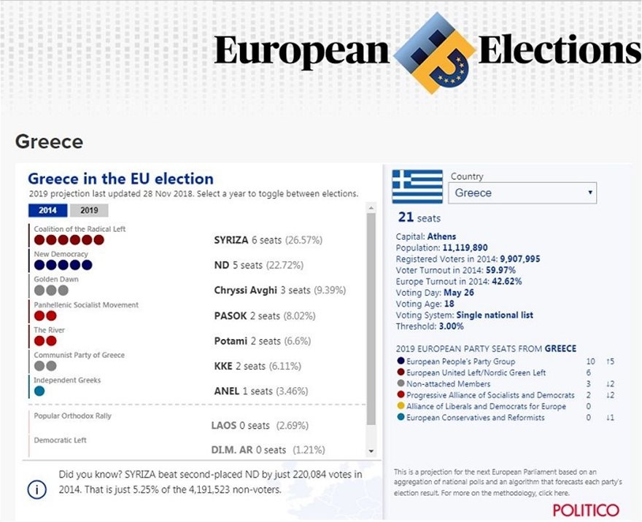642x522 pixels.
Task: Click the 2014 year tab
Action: [48, 211]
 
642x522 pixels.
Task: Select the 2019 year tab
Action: [89, 211]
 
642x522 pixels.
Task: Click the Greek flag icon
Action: [417, 187]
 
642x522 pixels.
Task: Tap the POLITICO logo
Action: [585, 510]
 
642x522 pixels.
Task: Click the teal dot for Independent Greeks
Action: [39, 391]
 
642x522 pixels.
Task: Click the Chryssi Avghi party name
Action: [245, 290]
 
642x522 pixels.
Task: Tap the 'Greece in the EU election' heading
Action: [120, 179]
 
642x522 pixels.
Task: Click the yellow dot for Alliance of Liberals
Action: [401, 407]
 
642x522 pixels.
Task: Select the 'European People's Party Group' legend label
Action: [460, 362]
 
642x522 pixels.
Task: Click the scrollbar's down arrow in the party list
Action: [371, 451]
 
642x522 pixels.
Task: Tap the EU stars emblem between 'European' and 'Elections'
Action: [435, 52]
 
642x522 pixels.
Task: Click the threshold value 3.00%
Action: [450, 327]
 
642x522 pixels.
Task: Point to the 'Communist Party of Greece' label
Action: [79, 355]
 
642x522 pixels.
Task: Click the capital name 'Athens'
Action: [442, 237]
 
